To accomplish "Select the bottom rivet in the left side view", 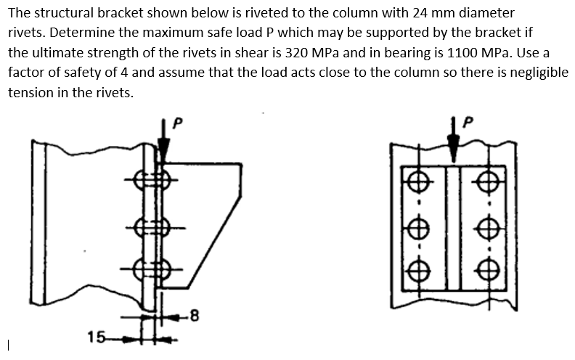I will point(155,269).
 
